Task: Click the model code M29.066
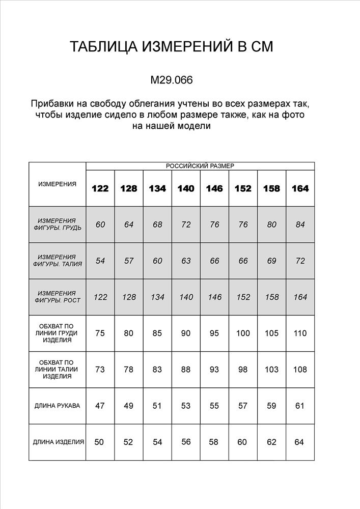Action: (172, 80)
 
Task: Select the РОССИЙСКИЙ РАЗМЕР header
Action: (200, 166)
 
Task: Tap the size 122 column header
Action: (100, 188)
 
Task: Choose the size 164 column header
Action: (300, 188)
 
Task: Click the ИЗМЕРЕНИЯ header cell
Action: (58, 184)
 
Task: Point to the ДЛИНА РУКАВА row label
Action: (58, 406)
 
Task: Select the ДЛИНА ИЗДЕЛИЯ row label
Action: (58, 442)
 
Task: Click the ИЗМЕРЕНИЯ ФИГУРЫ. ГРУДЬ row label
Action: (58, 224)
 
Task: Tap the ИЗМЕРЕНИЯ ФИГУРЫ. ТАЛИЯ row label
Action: (58, 261)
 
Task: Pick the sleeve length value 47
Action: (100, 406)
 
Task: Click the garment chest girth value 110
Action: (300, 333)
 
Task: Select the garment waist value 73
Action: (100, 370)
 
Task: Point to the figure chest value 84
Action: (300, 224)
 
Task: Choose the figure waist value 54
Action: (100, 261)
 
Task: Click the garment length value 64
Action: (299, 442)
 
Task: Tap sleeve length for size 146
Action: (214, 406)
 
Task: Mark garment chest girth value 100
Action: (243, 333)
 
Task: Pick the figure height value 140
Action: (186, 297)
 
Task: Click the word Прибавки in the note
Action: (51, 104)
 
